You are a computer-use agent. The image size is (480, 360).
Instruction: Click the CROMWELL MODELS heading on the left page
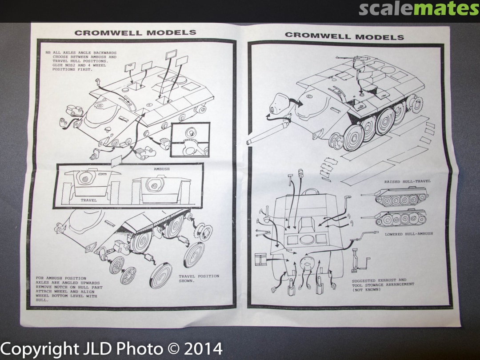(x=135, y=33)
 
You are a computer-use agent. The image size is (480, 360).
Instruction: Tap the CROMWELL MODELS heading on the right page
(x=344, y=36)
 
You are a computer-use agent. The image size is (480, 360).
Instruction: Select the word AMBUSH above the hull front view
(x=162, y=169)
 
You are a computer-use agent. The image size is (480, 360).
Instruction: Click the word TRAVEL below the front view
(x=89, y=200)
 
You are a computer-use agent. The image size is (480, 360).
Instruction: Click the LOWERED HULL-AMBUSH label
(x=409, y=234)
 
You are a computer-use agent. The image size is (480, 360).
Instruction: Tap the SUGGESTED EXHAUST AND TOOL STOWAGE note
(x=383, y=285)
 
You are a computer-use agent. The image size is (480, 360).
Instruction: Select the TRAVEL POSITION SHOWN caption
(x=199, y=278)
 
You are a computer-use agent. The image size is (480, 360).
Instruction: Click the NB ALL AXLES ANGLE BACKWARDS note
(x=81, y=61)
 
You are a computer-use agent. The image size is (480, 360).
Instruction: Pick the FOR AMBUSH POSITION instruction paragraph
(x=69, y=289)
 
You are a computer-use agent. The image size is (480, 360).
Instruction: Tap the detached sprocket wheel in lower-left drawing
(x=203, y=231)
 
